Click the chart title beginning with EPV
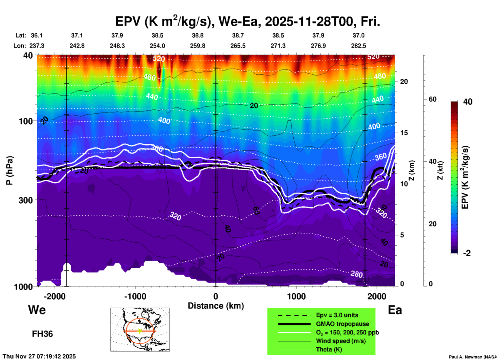247,22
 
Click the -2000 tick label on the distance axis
54,296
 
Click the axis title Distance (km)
216,306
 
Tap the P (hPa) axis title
10,170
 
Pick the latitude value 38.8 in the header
198,35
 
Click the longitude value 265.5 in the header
238,46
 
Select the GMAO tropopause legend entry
342,324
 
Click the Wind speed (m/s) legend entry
341,341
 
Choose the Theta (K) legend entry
329,349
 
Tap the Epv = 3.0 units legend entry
337,315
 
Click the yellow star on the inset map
140,331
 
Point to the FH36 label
42,334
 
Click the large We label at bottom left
37,310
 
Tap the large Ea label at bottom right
395,310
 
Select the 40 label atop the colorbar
468,102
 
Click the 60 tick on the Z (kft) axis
433,99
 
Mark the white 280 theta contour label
356,274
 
